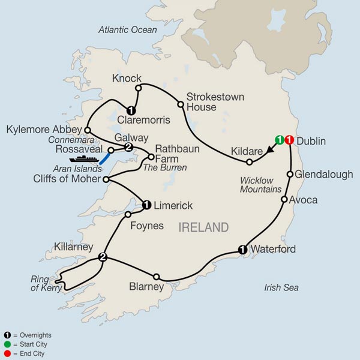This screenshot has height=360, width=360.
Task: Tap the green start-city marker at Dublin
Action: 280,140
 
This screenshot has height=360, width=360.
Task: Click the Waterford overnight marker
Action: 242,250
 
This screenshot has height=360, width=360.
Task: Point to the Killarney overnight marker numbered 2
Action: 103,258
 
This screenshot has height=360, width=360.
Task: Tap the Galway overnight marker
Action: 128,148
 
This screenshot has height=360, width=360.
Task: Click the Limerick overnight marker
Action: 147,205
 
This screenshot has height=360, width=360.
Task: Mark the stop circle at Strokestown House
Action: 180,104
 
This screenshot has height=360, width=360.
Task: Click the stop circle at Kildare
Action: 250,161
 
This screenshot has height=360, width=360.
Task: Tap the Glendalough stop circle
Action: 290,175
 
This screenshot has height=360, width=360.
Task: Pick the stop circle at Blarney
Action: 156,277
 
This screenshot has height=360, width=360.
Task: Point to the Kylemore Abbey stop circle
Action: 88,129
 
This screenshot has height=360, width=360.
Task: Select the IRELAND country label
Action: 204,227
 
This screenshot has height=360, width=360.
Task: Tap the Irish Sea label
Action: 281,288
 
